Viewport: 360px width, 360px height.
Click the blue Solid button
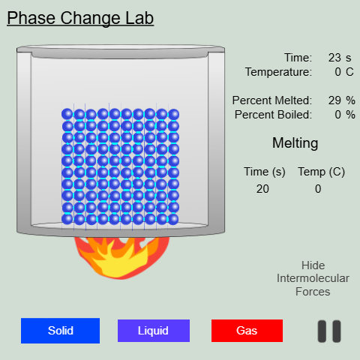pos(60,331)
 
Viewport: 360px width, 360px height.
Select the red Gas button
pos(247,331)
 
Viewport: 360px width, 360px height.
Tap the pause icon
pos(329,331)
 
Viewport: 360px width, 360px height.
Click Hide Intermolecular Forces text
pos(313,278)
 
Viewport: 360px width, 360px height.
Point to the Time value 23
pos(334,58)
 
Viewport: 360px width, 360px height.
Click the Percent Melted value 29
pos(334,100)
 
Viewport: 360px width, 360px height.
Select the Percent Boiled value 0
pos(337,114)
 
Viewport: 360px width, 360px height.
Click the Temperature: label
pos(278,71)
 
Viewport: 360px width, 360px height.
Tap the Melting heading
pos(295,143)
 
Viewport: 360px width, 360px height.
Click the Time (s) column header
pos(264,172)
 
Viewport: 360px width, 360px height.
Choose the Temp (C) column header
pos(321,172)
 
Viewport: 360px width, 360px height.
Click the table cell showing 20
pos(262,189)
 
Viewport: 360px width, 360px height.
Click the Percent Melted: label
pos(271,100)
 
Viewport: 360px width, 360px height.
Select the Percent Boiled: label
pos(273,114)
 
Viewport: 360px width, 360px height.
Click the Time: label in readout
pos(298,58)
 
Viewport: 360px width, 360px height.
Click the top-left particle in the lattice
pos(67,114)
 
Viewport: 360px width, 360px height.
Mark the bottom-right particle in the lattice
pos(174,219)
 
